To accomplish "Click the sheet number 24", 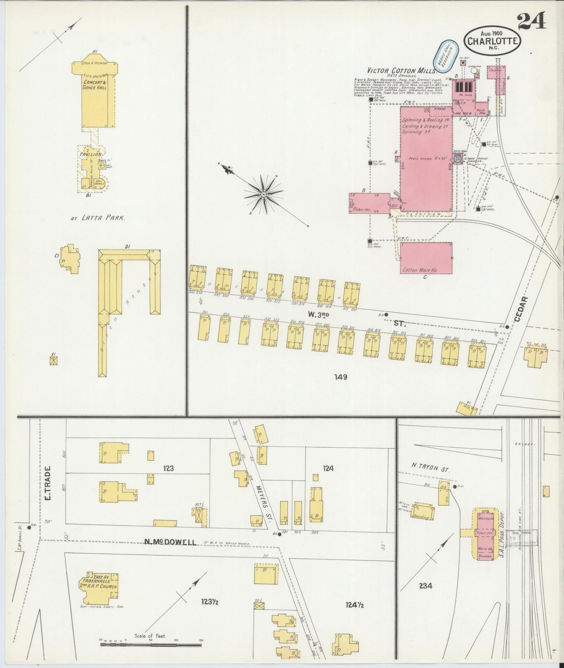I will (532, 21).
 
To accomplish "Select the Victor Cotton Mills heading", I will (401, 71).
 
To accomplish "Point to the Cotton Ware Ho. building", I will (426, 258).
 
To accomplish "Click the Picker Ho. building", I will (368, 203).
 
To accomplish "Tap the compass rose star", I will (263, 194).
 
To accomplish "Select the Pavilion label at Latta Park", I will (91, 154).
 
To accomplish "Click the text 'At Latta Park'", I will (98, 218).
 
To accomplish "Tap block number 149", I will (340, 377).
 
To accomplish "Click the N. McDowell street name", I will (170, 542).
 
